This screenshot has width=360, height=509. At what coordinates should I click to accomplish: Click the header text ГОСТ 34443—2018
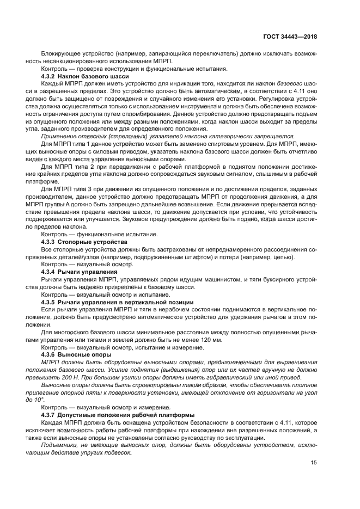(294, 36)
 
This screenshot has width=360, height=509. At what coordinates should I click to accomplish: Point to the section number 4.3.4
(50, 271)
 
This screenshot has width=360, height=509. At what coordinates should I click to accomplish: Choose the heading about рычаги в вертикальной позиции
(117, 301)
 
